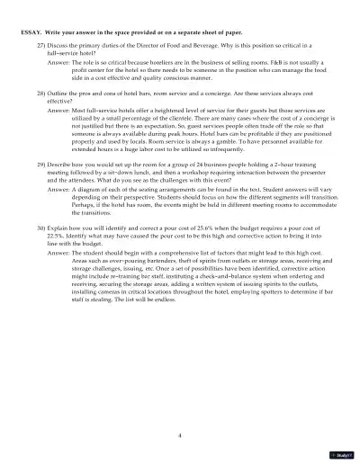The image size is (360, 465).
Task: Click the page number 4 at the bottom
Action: (x=180, y=434)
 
